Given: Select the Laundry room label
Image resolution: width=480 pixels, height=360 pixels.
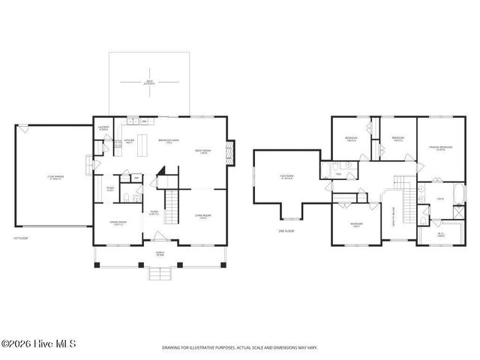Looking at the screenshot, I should coord(105,129).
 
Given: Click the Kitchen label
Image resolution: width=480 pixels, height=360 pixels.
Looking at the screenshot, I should coord(128,140).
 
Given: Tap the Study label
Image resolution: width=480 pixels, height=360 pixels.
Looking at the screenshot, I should coord(109,189).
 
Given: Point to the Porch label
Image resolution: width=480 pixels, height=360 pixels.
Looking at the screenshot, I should coord(159,253).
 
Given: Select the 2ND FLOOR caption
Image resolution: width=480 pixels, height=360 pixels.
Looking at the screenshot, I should coord(286,231).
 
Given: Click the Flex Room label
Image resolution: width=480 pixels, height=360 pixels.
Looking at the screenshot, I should coord(286,178).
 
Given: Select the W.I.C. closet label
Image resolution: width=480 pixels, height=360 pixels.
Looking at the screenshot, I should coord(441,235).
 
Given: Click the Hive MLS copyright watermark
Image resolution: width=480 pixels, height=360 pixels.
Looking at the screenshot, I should coord(39,346).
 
